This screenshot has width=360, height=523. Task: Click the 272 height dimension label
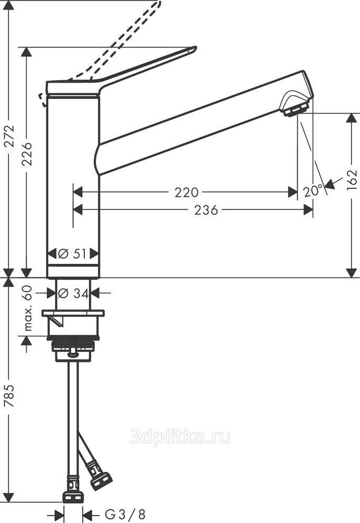(x=9, y=136)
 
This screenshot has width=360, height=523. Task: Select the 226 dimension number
(x=26, y=154)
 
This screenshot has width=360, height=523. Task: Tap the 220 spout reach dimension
(x=187, y=193)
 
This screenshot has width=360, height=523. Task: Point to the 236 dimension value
(x=206, y=210)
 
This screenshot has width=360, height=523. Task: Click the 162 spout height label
(x=352, y=180)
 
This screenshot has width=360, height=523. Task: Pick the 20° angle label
(x=313, y=192)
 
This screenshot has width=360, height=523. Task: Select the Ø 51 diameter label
(x=72, y=254)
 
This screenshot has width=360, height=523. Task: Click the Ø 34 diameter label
(x=73, y=294)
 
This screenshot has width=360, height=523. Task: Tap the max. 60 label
(x=28, y=308)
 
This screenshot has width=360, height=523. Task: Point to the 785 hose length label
(x=9, y=396)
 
